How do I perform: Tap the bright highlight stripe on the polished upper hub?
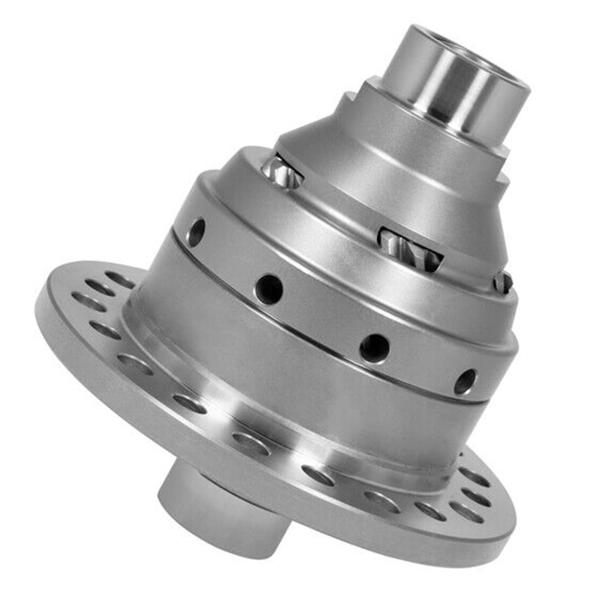point(437,91)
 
